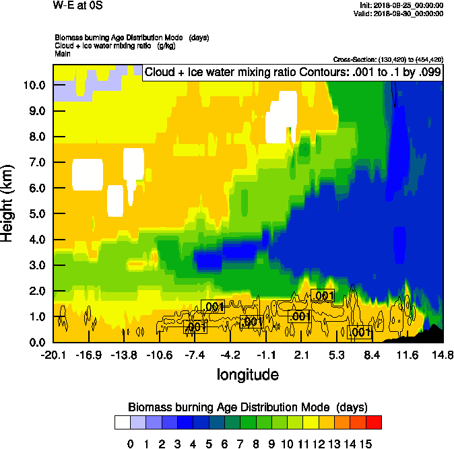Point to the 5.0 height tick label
(x=36, y=214)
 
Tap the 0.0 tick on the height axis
(x=36, y=342)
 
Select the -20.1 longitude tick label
(x=53, y=355)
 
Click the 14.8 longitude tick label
(x=443, y=355)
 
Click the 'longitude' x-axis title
(x=247, y=374)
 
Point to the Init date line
(x=402, y=5)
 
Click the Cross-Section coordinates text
(x=388, y=59)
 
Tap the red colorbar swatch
(x=374, y=423)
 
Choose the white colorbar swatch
(x=122, y=423)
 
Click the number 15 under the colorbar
(x=365, y=444)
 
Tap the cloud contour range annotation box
(x=293, y=73)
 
